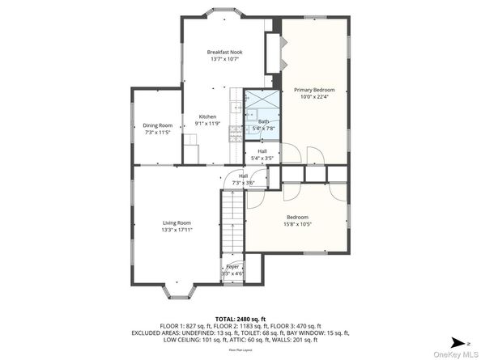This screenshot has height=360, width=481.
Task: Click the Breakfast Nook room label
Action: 224,52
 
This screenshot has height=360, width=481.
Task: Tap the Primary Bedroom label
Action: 313,90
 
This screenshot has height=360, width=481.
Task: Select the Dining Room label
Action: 158,125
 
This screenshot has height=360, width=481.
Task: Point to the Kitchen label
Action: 208,116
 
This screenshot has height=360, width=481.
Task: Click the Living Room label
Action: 176,222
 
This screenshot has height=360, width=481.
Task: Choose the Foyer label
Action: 232,266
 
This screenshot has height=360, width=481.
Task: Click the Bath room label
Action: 263,121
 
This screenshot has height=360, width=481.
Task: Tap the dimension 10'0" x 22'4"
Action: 313,97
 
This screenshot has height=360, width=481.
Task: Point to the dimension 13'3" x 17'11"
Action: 176,230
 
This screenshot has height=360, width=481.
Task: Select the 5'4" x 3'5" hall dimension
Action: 263,157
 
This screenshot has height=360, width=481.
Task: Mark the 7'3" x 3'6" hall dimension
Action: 243,183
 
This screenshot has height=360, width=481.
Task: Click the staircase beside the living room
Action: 232,222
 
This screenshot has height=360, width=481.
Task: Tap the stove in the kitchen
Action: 236,132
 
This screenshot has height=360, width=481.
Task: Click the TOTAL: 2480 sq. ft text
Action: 240,318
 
